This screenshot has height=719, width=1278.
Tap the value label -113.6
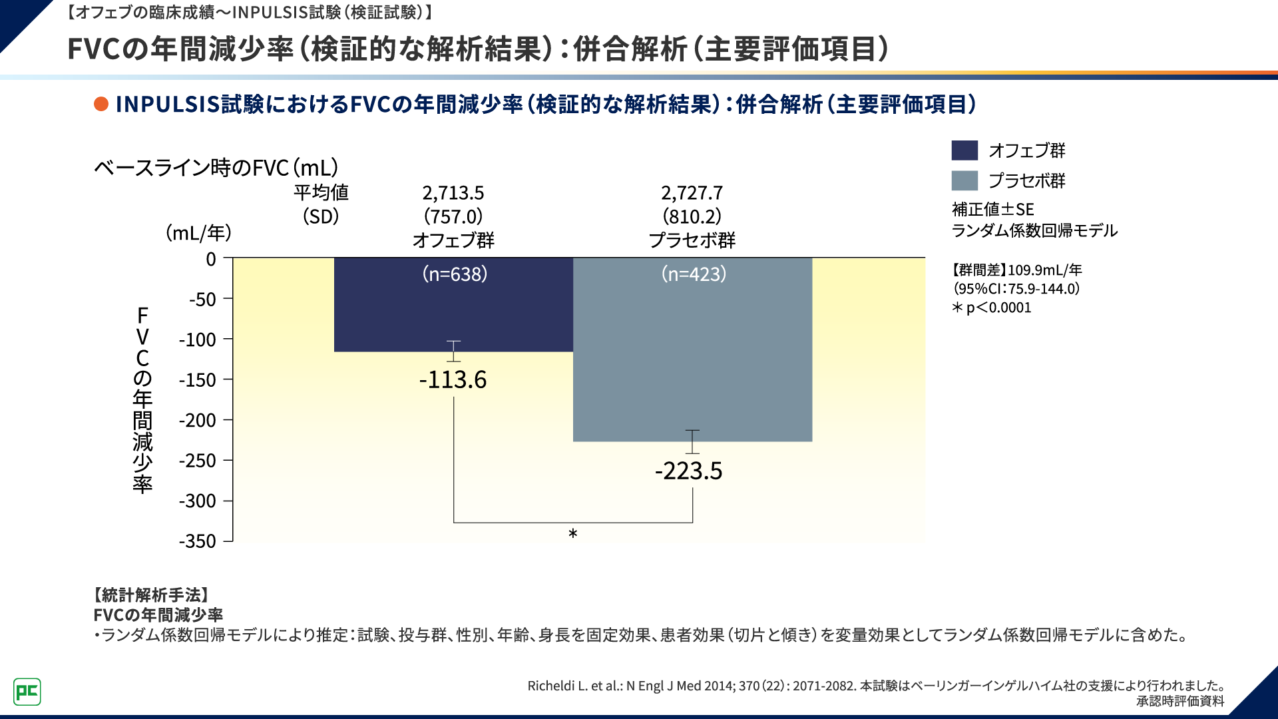click(x=453, y=380)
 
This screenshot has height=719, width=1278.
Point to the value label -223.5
click(x=689, y=471)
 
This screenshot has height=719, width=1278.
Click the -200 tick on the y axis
click(x=198, y=421)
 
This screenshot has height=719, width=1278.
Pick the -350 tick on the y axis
click(x=198, y=541)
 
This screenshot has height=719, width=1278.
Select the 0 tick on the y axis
click(x=211, y=259)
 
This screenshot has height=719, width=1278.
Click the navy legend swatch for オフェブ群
click(x=964, y=150)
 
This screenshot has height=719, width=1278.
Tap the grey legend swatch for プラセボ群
click(x=964, y=180)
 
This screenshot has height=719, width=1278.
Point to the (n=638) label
click(x=455, y=274)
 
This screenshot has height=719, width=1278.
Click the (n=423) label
click(x=694, y=274)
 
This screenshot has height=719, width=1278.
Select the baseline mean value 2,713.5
click(x=453, y=193)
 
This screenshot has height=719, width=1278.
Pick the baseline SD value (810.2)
click(x=692, y=216)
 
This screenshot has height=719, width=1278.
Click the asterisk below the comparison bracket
click(x=573, y=534)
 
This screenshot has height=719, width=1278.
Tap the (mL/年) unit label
click(x=198, y=233)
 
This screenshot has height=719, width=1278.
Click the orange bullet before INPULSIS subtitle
click(x=101, y=105)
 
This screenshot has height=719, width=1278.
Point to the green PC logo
click(x=27, y=692)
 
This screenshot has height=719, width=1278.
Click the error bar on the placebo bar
click(x=692, y=441)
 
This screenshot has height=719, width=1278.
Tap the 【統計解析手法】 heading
click(x=152, y=595)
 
